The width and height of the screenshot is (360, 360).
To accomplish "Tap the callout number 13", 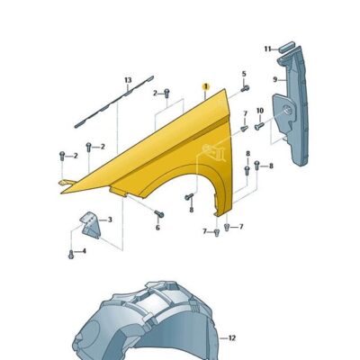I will (127, 81).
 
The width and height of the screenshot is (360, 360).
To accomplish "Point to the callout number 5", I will (243, 73).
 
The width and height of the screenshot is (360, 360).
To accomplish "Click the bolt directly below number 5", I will (244, 90).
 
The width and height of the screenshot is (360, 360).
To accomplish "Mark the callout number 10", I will (259, 111).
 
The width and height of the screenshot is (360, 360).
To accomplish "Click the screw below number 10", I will (258, 126).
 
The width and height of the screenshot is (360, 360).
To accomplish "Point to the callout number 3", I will (110, 219).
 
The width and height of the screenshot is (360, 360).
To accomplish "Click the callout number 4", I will (83, 251).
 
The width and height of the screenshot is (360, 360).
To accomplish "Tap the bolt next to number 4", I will (69, 252).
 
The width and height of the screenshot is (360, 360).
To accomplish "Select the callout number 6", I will (157, 228).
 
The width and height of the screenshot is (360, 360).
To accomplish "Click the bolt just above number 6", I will (157, 214).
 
